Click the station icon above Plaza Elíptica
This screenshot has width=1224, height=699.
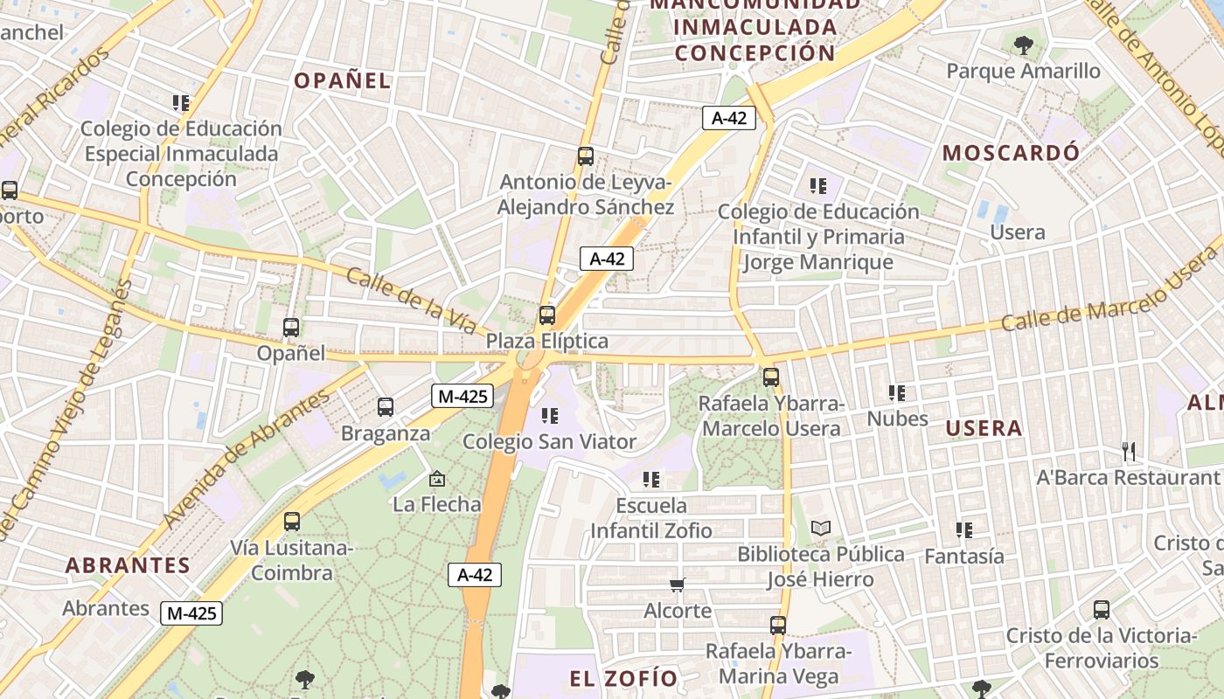click(x=547, y=315)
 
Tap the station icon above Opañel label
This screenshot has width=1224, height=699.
click(x=291, y=328)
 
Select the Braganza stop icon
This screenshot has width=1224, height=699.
click(x=386, y=407)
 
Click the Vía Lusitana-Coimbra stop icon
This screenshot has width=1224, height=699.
click(x=292, y=522)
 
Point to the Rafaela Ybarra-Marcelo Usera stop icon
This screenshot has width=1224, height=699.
click(x=771, y=377)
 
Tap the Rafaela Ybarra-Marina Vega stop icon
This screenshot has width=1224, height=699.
click(x=778, y=626)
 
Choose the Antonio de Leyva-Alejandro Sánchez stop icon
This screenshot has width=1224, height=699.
click(x=586, y=156)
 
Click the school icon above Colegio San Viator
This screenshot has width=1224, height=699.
click(x=549, y=416)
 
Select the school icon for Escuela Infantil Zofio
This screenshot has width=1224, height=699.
click(x=651, y=480)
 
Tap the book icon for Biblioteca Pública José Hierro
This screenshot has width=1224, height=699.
click(x=821, y=528)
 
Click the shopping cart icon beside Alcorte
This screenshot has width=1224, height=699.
click(x=678, y=585)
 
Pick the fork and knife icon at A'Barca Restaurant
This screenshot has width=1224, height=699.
click(x=1129, y=452)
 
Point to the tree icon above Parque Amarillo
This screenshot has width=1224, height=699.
click(x=1023, y=45)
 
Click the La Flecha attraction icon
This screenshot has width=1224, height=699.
click(x=437, y=479)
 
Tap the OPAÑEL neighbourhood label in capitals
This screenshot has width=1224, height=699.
click(x=342, y=81)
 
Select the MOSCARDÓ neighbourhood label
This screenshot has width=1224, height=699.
click(x=1011, y=153)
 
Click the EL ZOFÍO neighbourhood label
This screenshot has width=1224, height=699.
click(x=623, y=679)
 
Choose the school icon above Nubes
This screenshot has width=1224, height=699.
click(x=897, y=393)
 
